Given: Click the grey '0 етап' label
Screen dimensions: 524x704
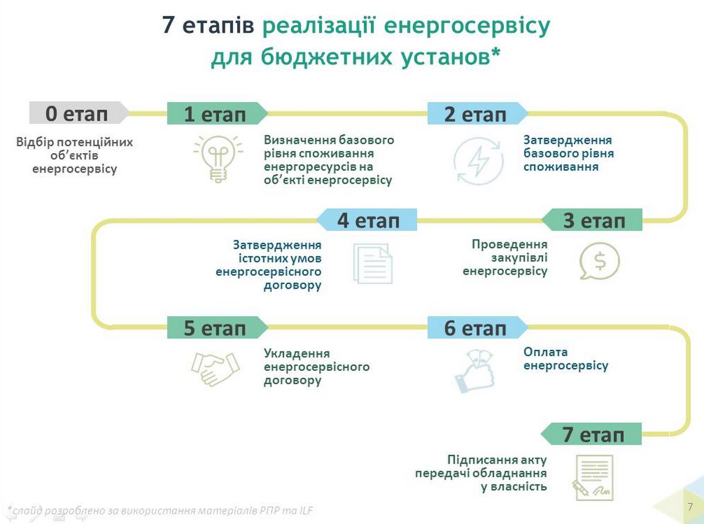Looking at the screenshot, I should (77, 113).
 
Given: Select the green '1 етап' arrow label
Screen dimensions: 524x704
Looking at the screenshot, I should (215, 113).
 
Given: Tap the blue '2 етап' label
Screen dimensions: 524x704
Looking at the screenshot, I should (475, 113).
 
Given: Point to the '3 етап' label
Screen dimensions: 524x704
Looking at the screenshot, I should (594, 221).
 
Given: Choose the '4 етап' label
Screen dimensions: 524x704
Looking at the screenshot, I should (368, 221).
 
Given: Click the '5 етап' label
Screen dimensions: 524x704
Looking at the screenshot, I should (215, 327).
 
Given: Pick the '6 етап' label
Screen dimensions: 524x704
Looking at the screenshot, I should (475, 327).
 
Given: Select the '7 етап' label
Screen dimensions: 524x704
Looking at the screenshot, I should (594, 435).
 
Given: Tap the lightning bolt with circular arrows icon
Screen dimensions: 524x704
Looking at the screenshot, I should (478, 161).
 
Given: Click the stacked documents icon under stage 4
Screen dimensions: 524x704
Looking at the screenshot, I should (372, 263).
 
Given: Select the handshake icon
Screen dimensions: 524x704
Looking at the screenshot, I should (215, 367).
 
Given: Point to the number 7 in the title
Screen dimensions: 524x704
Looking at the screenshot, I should (168, 27).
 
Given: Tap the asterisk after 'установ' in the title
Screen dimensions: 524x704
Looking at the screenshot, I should (496, 56).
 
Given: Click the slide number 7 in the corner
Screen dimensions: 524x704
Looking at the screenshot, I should (689, 506).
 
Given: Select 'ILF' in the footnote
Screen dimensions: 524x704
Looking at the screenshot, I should (303, 511).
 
